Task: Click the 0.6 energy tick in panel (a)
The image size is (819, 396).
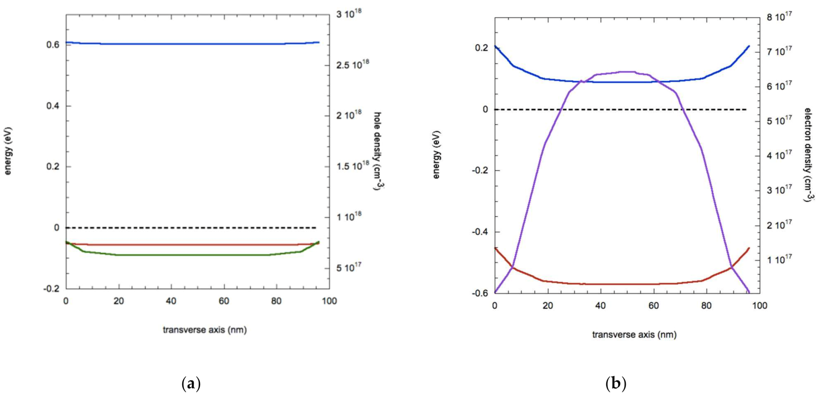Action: [x=53, y=45]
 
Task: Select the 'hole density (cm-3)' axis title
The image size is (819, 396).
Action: [x=377, y=151]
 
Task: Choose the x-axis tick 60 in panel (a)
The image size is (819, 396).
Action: [x=224, y=301]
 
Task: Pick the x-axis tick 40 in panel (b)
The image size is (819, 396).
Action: [x=600, y=306]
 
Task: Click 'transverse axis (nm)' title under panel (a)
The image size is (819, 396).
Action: [x=205, y=330]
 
